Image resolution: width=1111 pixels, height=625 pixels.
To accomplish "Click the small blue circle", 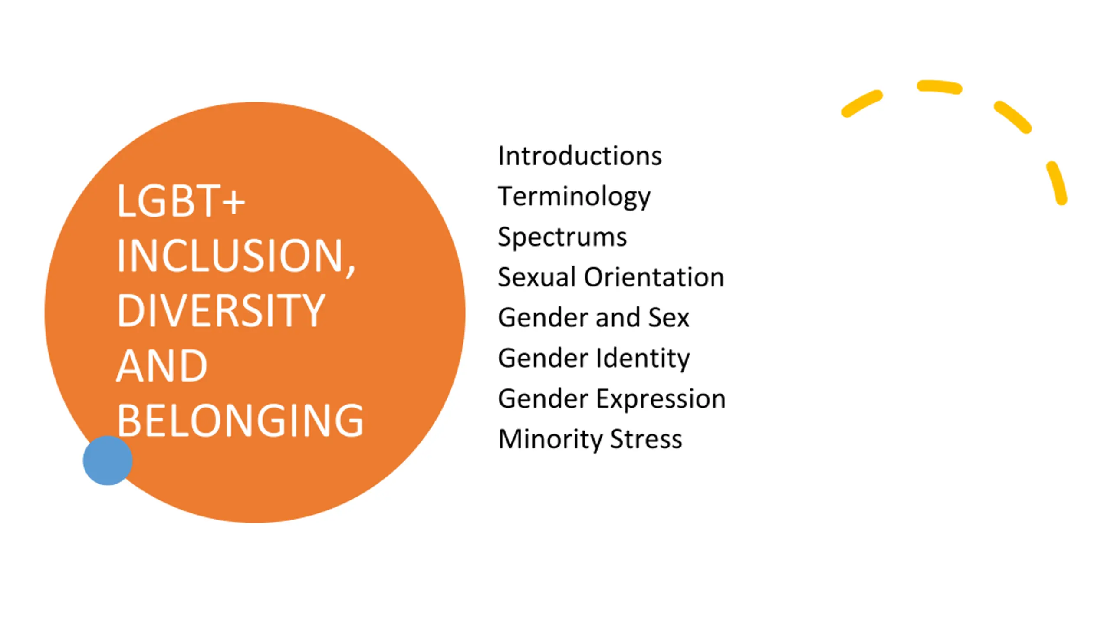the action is point(108,460).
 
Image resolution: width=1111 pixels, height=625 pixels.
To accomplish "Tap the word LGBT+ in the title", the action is point(181,201).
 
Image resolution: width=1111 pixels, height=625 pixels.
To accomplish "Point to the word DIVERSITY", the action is point(221,310).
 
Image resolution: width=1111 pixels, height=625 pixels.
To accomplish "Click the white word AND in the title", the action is point(161,366).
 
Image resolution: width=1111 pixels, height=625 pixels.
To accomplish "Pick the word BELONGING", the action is point(240,420).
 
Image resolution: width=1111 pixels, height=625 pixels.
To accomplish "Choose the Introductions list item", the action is point(580,156).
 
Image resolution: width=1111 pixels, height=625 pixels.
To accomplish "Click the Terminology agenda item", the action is point(574,197).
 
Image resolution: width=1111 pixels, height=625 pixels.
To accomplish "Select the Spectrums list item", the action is point(562,237).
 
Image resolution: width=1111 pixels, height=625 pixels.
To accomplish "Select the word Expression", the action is point(661,398).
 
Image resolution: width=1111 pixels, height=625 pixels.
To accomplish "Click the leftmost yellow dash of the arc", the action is point(862,104).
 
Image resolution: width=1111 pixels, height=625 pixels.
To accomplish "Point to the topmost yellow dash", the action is point(939,86).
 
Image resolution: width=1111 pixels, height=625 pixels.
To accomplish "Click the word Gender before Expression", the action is point(543,398).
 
